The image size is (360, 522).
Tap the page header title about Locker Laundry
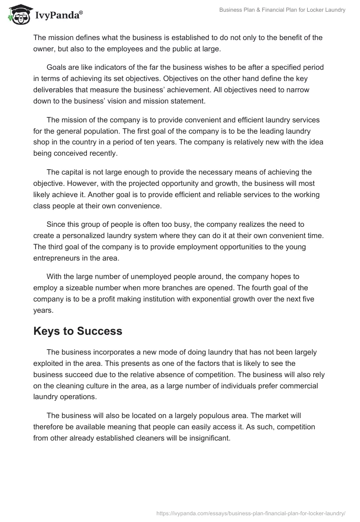click(282, 10)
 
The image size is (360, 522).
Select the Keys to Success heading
click(78, 331)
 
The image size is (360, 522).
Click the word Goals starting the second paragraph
click(57, 67)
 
